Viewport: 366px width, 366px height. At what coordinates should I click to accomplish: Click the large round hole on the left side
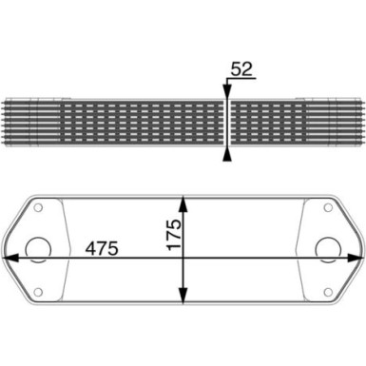[39, 248]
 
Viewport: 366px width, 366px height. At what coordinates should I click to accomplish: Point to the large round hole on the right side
[328, 248]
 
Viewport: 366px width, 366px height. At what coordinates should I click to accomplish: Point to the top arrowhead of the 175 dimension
[183, 202]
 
